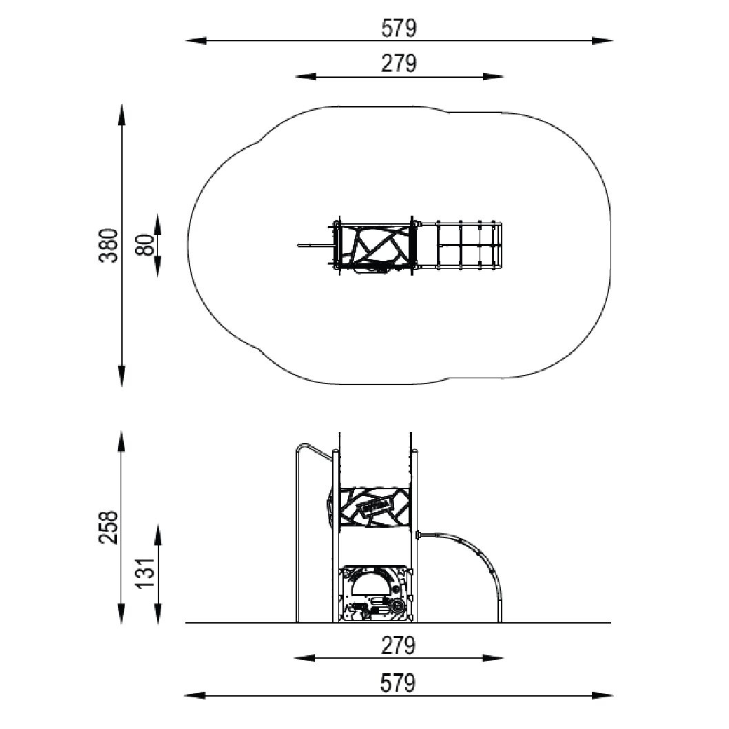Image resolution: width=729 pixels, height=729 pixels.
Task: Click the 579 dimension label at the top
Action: [x=399, y=28]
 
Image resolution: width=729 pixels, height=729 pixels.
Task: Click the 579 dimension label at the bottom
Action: [x=398, y=684]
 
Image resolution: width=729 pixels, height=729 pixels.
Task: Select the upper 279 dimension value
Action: [x=399, y=63]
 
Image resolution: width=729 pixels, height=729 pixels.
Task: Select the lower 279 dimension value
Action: [x=398, y=646]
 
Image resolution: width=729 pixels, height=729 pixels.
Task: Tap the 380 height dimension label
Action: [x=109, y=245]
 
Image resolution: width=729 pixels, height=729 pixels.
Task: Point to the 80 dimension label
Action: [x=145, y=245]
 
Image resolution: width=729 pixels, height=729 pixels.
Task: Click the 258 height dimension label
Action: [x=109, y=526]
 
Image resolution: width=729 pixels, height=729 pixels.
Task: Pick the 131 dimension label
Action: [x=145, y=572]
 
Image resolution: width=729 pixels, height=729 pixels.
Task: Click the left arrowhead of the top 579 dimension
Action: [x=196, y=41]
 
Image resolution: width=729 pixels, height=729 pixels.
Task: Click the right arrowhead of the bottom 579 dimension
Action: [x=602, y=695]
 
